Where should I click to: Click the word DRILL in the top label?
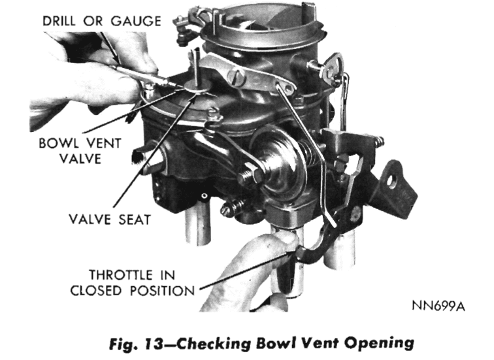point(59,21)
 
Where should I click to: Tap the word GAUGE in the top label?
point(136,21)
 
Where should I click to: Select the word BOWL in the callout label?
point(59,143)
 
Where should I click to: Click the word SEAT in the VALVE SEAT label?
point(135,220)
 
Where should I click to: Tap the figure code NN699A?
point(438,306)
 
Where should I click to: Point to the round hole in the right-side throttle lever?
point(391,181)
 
